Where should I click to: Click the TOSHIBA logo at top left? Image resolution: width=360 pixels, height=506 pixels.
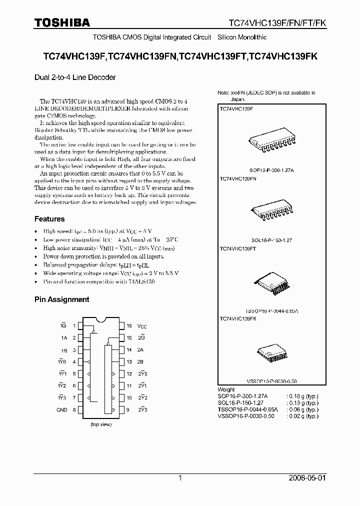[62, 22]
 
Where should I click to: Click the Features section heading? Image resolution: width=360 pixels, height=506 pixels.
[49, 219]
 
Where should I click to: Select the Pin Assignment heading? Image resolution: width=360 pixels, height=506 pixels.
[61, 299]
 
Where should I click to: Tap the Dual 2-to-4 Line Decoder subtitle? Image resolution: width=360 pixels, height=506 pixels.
[75, 77]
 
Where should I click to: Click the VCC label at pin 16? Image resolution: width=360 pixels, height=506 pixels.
[142, 325]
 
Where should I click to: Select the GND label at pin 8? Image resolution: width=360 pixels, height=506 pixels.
[61, 409]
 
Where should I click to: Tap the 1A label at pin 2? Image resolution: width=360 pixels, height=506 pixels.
[63, 337]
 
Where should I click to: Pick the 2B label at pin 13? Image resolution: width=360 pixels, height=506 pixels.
[140, 361]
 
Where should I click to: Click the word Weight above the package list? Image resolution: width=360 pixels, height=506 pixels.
[226, 389]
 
